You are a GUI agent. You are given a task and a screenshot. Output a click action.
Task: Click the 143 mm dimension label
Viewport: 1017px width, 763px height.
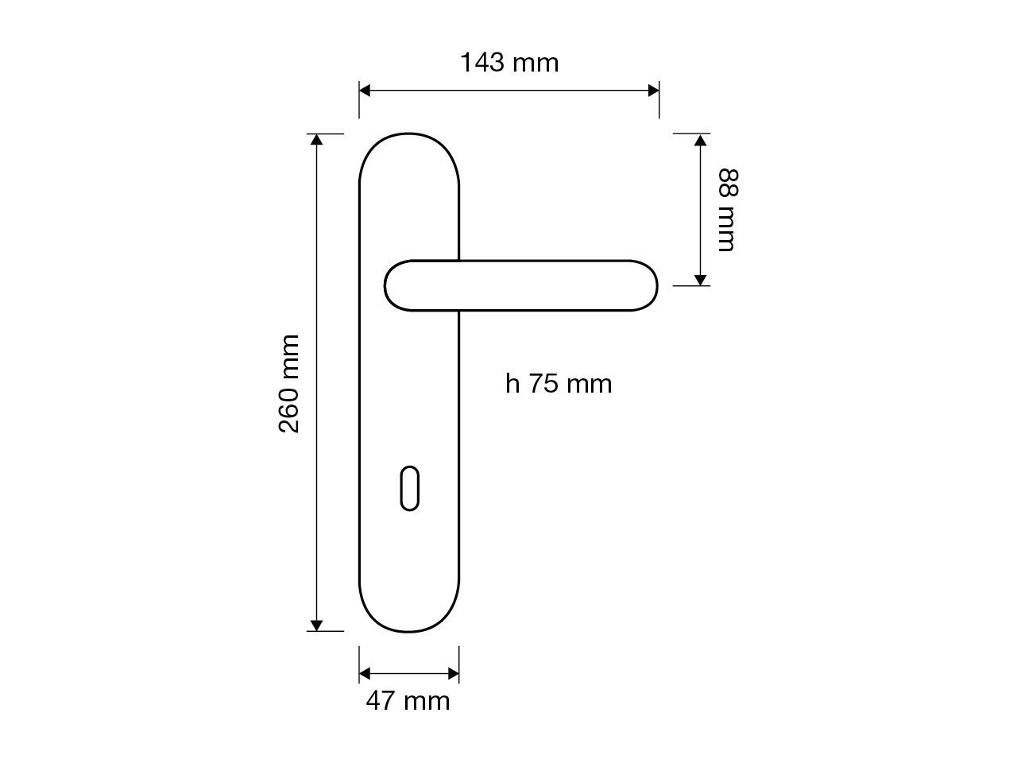(x=509, y=62)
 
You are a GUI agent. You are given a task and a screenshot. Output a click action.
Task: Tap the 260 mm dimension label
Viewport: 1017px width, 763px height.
(x=289, y=383)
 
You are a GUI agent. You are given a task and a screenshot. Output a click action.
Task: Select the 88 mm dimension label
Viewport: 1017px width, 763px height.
(x=728, y=210)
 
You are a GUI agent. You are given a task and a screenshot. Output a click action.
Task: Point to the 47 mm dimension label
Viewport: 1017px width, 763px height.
(x=408, y=701)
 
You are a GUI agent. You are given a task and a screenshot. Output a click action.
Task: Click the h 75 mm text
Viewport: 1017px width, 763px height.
(x=559, y=384)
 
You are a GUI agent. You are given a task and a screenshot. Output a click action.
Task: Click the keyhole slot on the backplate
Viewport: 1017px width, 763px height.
(x=408, y=489)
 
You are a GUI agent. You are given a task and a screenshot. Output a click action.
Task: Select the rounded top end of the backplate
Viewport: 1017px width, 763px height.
(x=409, y=147)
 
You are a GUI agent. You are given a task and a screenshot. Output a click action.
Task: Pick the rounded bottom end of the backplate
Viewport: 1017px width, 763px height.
(x=409, y=618)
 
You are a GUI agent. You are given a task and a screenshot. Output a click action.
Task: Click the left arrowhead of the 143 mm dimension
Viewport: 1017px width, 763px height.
(x=365, y=90)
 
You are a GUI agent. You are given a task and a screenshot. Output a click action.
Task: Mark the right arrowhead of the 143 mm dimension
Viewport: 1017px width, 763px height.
(x=653, y=90)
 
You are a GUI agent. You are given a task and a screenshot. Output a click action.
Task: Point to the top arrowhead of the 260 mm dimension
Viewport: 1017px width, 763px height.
(x=317, y=141)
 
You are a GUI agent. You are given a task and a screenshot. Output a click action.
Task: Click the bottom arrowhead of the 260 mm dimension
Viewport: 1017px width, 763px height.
(x=317, y=625)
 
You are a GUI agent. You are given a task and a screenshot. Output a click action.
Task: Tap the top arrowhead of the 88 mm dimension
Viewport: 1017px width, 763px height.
(x=700, y=141)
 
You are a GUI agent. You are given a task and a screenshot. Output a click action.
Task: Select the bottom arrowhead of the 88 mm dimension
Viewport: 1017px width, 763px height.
(x=700, y=279)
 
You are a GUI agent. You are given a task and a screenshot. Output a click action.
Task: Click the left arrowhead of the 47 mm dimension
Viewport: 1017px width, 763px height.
(x=365, y=674)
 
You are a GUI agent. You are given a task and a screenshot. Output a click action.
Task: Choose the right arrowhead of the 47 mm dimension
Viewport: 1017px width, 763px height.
(x=453, y=674)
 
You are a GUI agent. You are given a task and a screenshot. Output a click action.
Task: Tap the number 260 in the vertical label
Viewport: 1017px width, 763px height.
(x=289, y=409)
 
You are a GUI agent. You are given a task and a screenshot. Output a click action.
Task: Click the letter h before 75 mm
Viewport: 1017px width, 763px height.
(x=512, y=384)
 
